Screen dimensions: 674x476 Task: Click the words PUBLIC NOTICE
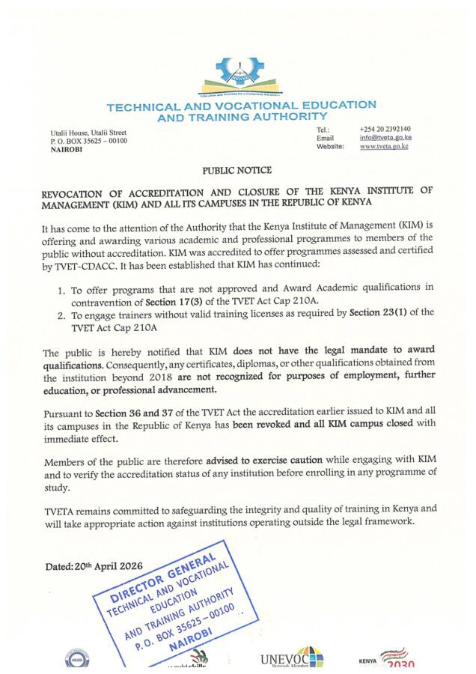[237, 171]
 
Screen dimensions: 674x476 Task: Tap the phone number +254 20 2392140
[385, 128]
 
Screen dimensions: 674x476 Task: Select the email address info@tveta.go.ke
[385, 137]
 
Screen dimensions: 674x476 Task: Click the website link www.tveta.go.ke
[384, 147]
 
